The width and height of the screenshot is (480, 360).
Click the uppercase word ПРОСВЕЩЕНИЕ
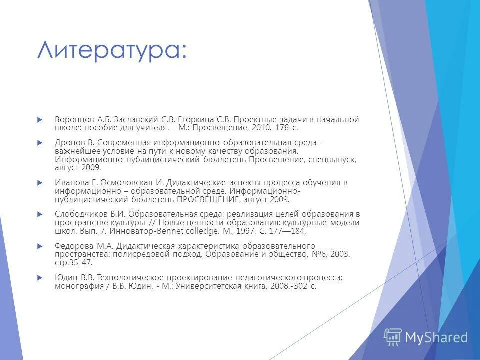(x=208, y=200)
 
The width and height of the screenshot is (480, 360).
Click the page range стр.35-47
(x=74, y=263)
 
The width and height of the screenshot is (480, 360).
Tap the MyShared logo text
(x=436, y=338)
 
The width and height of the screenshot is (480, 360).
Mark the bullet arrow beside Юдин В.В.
(x=40, y=277)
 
